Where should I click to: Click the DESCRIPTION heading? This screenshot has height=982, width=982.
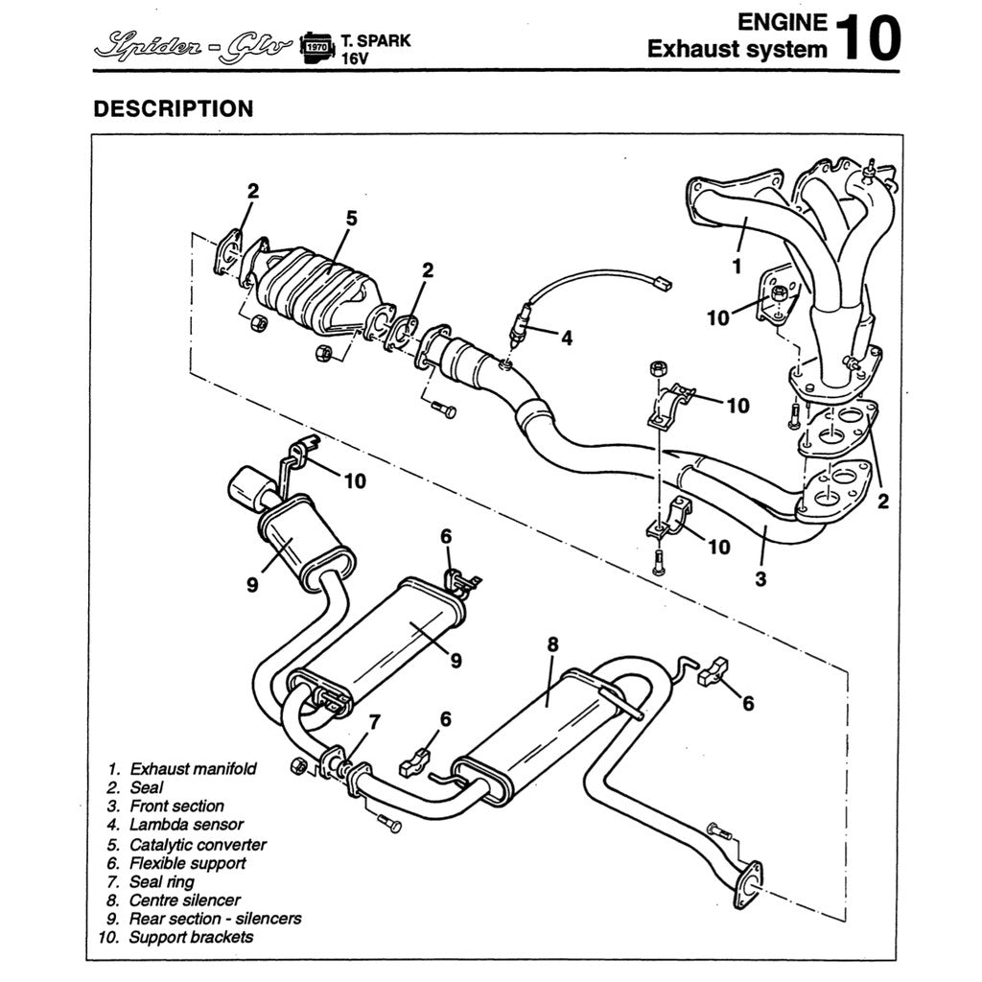tap(173, 108)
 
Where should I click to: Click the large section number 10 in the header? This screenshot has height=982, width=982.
tap(868, 37)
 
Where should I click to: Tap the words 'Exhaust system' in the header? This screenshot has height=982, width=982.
tap(736, 49)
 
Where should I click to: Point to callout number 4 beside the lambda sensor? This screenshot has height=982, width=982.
tap(567, 338)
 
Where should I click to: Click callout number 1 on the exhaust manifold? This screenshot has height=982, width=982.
tap(736, 266)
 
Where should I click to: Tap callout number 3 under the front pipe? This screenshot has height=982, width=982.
tap(760, 578)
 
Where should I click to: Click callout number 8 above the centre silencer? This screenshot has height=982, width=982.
tap(552, 644)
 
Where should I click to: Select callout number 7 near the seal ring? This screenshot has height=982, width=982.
tap(375, 722)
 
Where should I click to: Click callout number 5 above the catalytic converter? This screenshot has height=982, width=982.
tap(351, 219)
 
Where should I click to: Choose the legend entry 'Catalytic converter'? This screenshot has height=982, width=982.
tap(198, 844)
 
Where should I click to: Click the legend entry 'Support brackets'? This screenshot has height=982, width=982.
tap(191, 937)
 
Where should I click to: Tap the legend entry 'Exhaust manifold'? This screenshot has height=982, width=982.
tap(193, 768)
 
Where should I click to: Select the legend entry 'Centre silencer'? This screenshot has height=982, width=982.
tap(184, 900)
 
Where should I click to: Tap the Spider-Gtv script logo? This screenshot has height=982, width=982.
tap(192, 44)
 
